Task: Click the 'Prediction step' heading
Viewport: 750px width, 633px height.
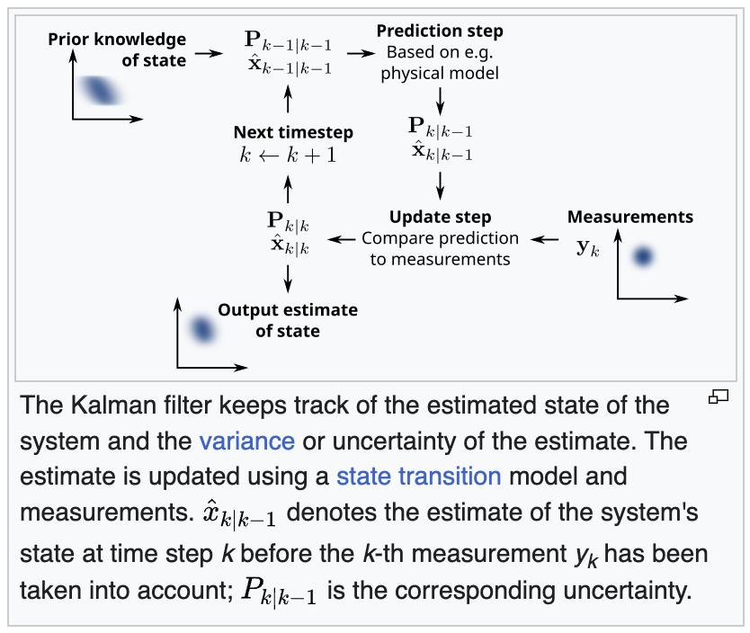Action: pyautogui.click(x=440, y=31)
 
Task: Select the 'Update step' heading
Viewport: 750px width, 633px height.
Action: pyautogui.click(x=440, y=218)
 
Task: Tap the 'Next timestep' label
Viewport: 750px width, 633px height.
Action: pyautogui.click(x=293, y=132)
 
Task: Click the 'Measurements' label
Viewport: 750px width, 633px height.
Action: pyautogui.click(x=629, y=217)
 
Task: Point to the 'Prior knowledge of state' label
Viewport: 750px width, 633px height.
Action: pyautogui.click(x=117, y=49)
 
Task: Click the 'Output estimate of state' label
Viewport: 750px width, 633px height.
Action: pyautogui.click(x=287, y=320)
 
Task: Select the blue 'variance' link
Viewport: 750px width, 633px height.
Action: pyautogui.click(x=247, y=441)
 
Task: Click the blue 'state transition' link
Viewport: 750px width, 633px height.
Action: pyautogui.click(x=418, y=476)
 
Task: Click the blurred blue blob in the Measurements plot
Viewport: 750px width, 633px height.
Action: pyautogui.click(x=642, y=256)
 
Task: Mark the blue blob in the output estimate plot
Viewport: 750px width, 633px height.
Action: pyautogui.click(x=201, y=330)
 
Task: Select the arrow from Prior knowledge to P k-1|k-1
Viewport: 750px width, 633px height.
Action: pyautogui.click(x=208, y=53)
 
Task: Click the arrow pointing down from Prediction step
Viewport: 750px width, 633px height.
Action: pyautogui.click(x=441, y=97)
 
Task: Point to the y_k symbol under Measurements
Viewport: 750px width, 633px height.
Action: pyautogui.click(x=586, y=246)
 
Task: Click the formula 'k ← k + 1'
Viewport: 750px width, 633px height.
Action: pyautogui.click(x=288, y=154)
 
